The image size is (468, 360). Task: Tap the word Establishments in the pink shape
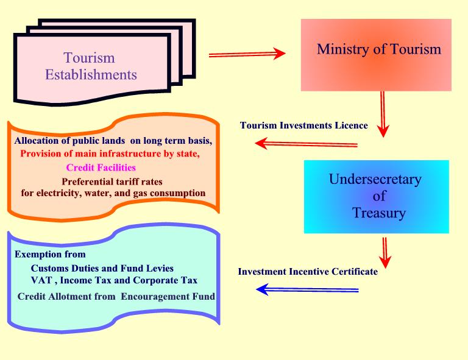(x=91, y=76)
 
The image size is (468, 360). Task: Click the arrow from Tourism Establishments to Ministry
(x=246, y=54)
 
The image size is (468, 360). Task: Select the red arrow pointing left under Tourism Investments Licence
(x=305, y=144)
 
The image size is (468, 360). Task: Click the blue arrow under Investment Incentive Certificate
(x=307, y=290)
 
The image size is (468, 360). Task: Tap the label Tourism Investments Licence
(x=304, y=126)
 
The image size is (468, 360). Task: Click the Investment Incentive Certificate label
(x=308, y=272)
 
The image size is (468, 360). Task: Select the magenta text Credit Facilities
(x=101, y=167)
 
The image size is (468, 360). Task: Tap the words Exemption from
(x=50, y=254)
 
